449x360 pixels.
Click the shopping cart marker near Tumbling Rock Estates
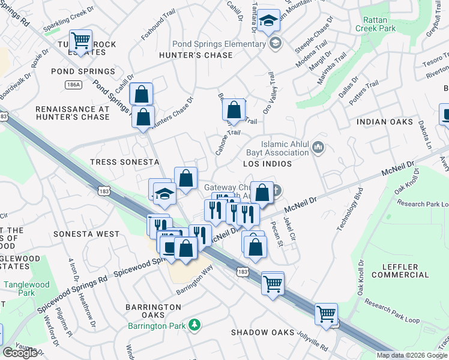80,41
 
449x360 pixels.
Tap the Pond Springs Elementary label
220,44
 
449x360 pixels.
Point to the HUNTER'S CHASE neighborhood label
196,56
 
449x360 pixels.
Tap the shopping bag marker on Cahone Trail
234,110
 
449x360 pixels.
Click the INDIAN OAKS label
385,122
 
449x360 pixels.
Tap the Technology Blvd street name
351,209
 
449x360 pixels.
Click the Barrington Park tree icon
194,325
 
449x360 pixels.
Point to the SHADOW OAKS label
263,332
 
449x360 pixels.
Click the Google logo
20,353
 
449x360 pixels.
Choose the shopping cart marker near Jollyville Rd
326,314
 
